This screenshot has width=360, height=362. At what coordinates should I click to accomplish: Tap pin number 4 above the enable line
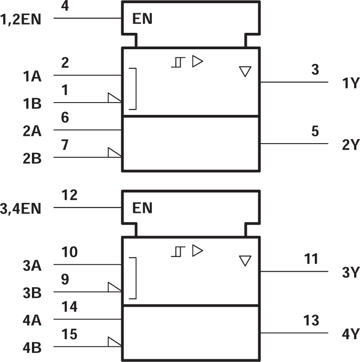65,6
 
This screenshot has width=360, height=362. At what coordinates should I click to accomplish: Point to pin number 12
69,195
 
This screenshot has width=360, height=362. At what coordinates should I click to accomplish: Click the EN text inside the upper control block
142,19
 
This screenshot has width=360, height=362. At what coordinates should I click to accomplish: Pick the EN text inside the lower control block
142,209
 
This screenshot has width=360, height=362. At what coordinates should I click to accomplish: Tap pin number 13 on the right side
311,321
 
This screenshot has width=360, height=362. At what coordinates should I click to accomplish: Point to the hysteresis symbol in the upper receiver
177,62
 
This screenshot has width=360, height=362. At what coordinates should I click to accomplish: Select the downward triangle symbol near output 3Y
245,261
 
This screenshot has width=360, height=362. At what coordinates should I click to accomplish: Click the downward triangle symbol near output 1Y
245,72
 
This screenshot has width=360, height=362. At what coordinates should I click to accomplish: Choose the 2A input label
32,132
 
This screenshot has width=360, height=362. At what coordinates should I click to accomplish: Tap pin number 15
69,335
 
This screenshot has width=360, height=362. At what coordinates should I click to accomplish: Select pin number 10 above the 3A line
69,252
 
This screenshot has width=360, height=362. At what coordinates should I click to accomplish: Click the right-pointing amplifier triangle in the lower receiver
197,250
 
